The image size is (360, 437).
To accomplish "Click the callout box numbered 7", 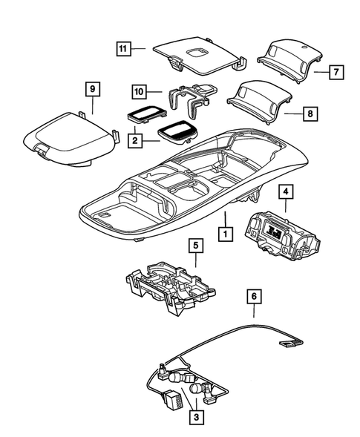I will (x=335, y=73).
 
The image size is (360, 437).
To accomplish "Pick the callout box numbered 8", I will (x=310, y=115).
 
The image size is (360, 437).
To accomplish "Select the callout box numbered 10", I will (x=139, y=91).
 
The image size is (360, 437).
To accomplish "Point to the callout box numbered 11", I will (x=124, y=49).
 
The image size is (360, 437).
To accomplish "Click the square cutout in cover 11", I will (x=198, y=52).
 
